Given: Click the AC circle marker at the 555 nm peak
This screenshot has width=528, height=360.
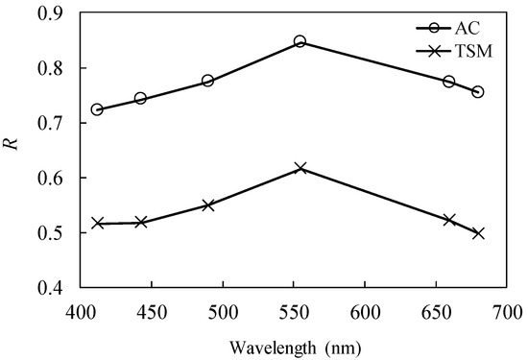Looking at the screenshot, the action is click(x=300, y=41).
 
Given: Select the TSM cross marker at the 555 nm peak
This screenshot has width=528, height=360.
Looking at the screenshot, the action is click(x=300, y=168).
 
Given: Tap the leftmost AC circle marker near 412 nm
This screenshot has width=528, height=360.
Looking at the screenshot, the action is click(x=97, y=109).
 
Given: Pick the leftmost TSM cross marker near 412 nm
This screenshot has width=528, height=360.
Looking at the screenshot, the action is click(x=98, y=224).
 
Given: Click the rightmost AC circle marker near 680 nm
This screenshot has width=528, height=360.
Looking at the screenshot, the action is click(x=478, y=92).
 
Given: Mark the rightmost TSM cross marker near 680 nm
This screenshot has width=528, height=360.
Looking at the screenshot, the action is click(x=478, y=233).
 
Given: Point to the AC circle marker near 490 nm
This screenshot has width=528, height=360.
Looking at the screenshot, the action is click(x=207, y=81).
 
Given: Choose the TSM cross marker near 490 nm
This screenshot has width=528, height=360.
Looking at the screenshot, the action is click(x=208, y=205).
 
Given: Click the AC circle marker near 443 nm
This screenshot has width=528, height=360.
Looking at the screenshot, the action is click(x=140, y=99).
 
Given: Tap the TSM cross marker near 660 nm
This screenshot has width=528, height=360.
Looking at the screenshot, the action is click(x=449, y=220).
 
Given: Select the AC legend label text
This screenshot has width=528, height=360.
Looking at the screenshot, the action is click(x=468, y=28).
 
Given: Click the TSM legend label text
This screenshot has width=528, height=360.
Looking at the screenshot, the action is click(x=473, y=52).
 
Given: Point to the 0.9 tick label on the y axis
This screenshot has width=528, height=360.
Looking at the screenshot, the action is click(x=51, y=13).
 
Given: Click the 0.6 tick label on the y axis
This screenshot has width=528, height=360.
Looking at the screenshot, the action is click(x=51, y=178).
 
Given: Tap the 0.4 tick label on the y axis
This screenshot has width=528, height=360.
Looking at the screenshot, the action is click(x=51, y=288).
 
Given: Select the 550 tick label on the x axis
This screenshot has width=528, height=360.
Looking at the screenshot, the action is click(x=294, y=313).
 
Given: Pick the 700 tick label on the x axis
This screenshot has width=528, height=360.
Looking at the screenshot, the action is click(x=507, y=313).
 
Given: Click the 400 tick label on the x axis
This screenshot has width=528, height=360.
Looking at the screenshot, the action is click(x=81, y=313).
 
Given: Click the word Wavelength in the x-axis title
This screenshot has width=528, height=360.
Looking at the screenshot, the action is click(x=273, y=348).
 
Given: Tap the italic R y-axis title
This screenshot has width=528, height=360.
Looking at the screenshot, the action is click(x=11, y=143).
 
